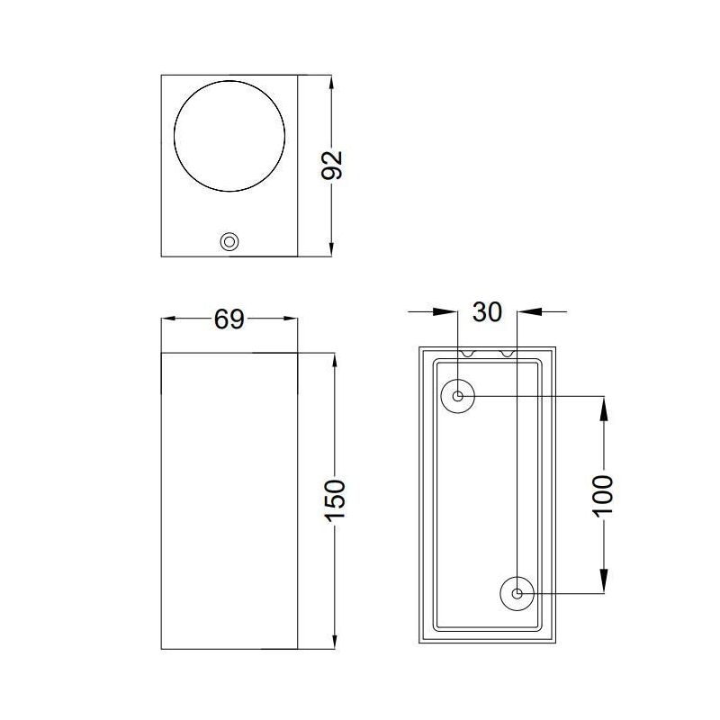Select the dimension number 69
click(229, 319)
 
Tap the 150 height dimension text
click(334, 499)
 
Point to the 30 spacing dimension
click(487, 312)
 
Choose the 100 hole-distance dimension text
click(602, 494)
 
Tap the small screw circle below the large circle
click(229, 241)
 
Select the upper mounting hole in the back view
click(458, 396)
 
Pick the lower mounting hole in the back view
click(517, 593)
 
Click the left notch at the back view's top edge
click(468, 353)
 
